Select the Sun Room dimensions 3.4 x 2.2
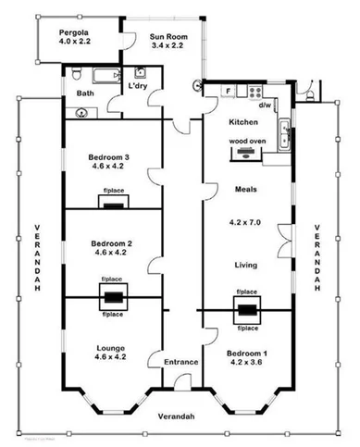pos(169,46)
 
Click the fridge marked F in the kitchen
pos(229,90)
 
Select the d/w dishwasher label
pos(265,106)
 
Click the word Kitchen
pos(244,122)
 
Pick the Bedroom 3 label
pos(108,157)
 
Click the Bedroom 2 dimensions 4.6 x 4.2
pos(108,253)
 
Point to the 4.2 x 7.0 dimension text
pos(245,223)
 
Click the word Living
pos(245,265)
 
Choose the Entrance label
pos(181,362)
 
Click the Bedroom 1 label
pos(246,353)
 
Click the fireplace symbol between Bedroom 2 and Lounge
pos(113,298)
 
